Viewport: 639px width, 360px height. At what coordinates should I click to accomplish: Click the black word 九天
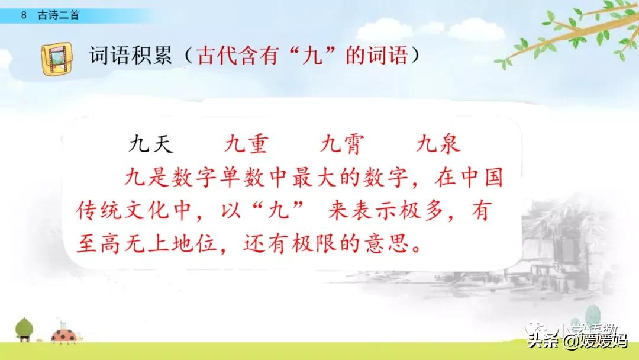pyautogui.click(x=151, y=145)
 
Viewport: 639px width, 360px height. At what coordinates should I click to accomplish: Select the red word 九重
pyautogui.click(x=247, y=145)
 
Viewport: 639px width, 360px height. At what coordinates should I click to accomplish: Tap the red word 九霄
pyautogui.click(x=342, y=145)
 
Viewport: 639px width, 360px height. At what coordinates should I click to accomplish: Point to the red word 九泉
pyautogui.click(x=438, y=145)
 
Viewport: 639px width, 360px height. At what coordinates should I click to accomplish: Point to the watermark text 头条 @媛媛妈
pyautogui.click(x=577, y=340)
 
